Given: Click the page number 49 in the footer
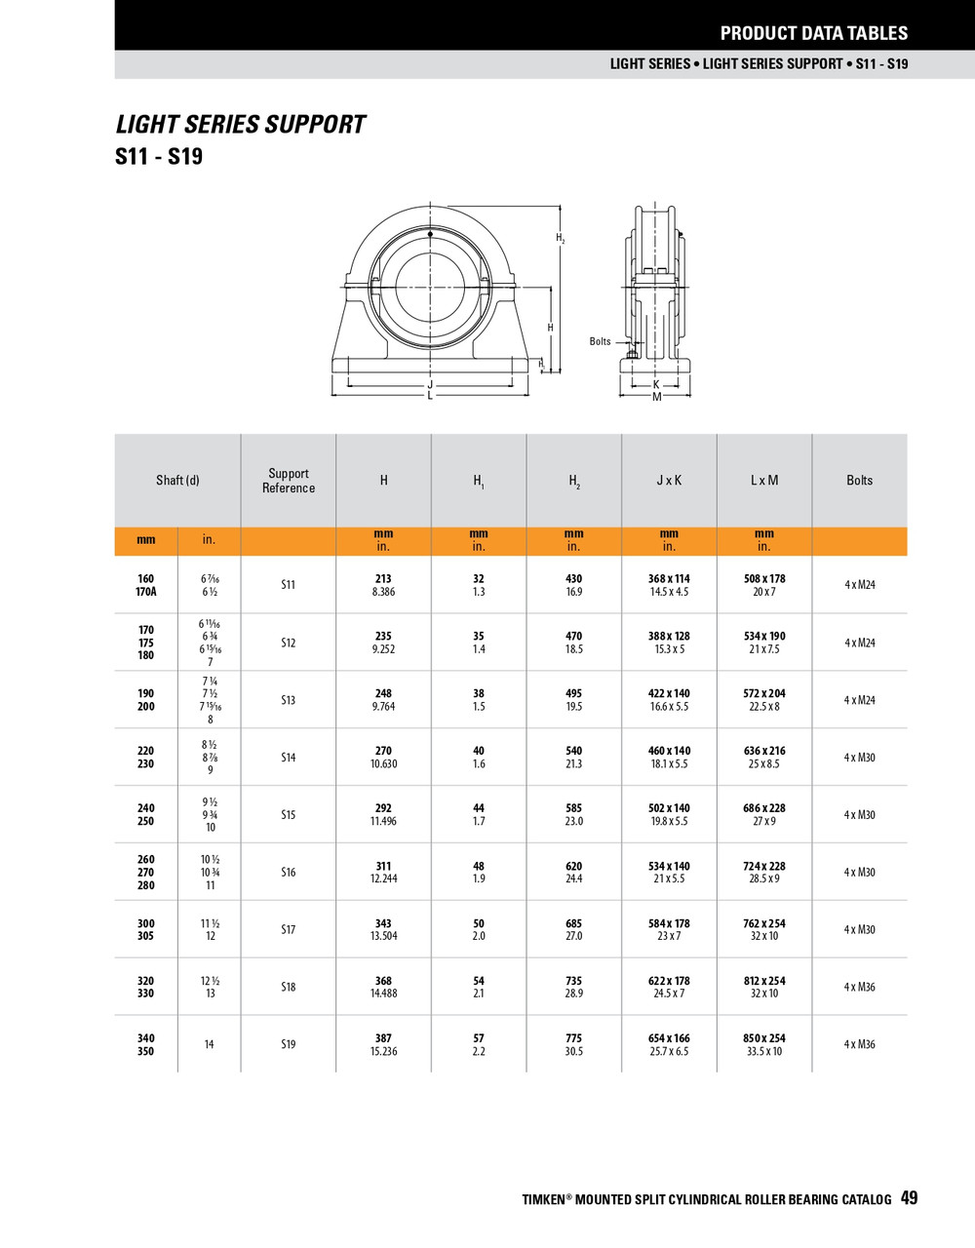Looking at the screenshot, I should (909, 1198).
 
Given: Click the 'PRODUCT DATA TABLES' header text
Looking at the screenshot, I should (813, 33).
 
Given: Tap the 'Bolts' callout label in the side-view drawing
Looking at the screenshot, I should (600, 341).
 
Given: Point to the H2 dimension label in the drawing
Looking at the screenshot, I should (561, 238).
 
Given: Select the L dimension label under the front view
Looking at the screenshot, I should (430, 396).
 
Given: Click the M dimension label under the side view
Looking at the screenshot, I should (656, 397).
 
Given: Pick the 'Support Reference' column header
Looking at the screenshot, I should (289, 481).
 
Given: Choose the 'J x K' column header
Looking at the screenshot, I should (669, 481).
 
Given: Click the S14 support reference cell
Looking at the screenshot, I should (289, 758).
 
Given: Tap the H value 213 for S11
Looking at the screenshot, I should (383, 579).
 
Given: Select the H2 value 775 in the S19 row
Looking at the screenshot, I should (573, 1038).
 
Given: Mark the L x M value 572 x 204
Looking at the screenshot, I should (763, 693).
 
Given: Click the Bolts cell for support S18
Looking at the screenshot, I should (859, 987).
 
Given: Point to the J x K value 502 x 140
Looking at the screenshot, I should (669, 808).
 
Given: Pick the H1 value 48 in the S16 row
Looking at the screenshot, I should (479, 866).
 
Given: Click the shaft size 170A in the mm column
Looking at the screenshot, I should (146, 592).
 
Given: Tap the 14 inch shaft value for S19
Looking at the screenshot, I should (209, 1044).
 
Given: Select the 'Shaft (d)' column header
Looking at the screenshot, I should (177, 481).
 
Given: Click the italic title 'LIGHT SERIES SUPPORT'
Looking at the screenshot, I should (241, 125).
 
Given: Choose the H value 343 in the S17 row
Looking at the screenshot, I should (383, 923).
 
